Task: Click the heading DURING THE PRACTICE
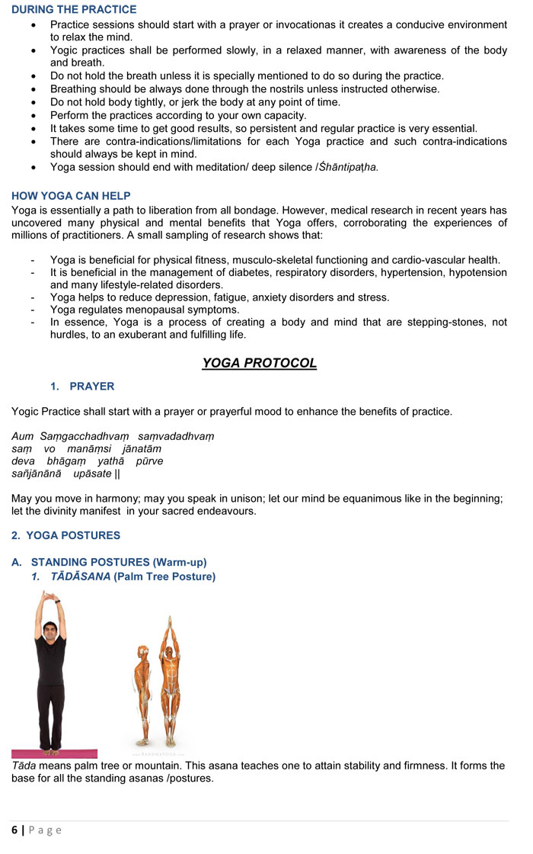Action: (74, 10)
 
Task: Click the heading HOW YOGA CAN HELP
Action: (71, 196)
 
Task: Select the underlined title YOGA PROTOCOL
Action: (259, 363)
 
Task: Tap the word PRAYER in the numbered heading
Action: (92, 387)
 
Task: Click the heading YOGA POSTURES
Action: (75, 535)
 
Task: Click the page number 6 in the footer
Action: (14, 830)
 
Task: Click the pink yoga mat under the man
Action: (54, 753)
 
